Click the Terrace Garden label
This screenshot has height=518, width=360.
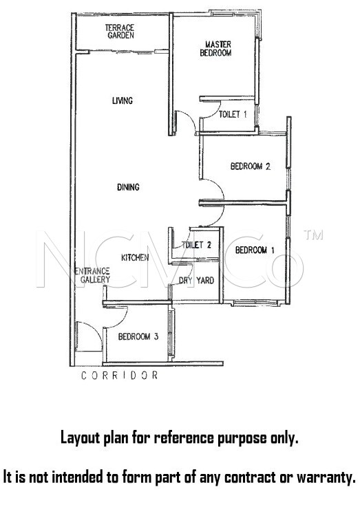120,32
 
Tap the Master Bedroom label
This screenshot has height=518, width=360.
216,48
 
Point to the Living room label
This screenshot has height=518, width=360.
123,100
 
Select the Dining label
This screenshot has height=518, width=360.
128,187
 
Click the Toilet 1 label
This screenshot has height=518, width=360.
233,114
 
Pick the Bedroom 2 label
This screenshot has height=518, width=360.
251,166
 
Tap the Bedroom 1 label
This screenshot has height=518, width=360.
255,250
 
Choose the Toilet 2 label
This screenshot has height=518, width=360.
196,245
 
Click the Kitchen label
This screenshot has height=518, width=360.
135,257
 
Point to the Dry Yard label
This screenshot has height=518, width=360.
196,281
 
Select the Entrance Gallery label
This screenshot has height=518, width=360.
92,275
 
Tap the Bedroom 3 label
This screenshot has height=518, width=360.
138,336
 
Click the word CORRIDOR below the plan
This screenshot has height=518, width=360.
120,376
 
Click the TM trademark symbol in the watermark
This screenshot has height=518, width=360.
313,235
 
